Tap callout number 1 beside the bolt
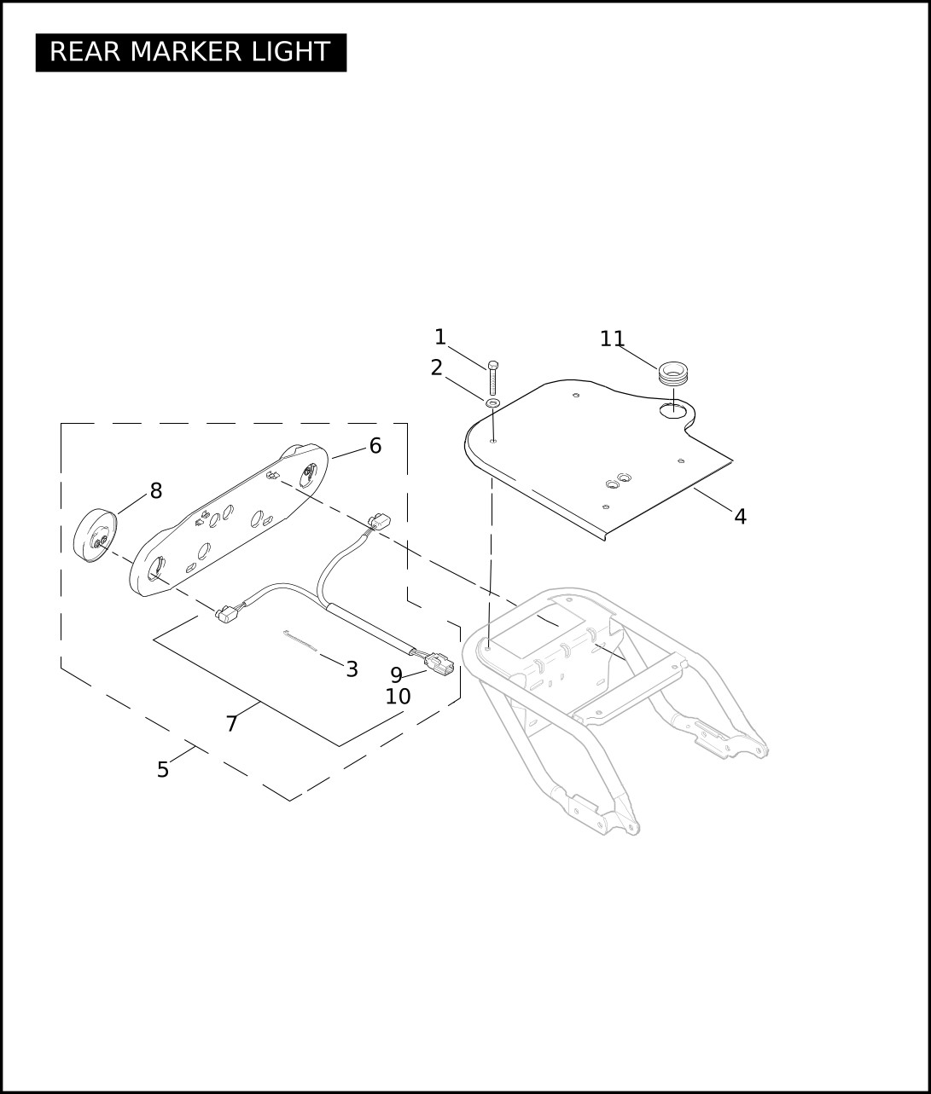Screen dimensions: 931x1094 [x=440, y=337]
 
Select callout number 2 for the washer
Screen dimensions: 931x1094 [x=436, y=368]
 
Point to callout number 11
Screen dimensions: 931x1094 [x=612, y=339]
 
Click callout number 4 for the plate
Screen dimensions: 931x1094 [x=741, y=517]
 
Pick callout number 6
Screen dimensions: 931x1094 [x=375, y=446]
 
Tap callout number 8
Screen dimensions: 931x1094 [x=156, y=490]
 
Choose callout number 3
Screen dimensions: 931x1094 [x=352, y=669]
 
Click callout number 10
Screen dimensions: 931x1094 [x=399, y=697]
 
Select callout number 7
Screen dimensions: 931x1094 [x=231, y=724]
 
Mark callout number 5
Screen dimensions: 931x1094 [x=163, y=770]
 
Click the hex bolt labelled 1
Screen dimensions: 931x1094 [x=493, y=378]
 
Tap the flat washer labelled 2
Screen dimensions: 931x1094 [x=493, y=404]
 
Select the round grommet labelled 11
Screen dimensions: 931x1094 [x=672, y=374]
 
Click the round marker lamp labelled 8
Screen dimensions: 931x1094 [x=95, y=535]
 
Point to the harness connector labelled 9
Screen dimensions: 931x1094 [x=439, y=663]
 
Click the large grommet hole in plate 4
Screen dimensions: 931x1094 [x=672, y=409]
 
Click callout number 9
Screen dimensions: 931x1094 [x=396, y=674]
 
